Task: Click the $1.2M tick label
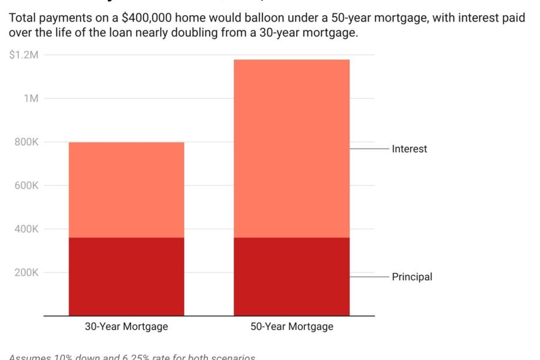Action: (x=24, y=55)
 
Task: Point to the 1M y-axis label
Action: (x=31, y=98)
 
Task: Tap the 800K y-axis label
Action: (x=27, y=142)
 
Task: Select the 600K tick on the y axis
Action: (x=27, y=185)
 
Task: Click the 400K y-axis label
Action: (x=27, y=229)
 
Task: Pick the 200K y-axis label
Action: (x=27, y=272)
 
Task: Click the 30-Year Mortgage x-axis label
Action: (x=126, y=326)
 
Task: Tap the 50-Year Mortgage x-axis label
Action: (x=291, y=326)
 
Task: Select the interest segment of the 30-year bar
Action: (x=126, y=190)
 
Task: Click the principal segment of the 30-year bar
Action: (x=126, y=276)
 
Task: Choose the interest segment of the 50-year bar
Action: (x=291, y=148)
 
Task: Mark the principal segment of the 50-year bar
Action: (x=291, y=276)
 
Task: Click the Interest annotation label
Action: (x=409, y=149)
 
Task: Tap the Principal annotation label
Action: (x=412, y=277)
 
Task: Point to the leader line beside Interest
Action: (x=369, y=149)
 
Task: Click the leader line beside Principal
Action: (x=369, y=277)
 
